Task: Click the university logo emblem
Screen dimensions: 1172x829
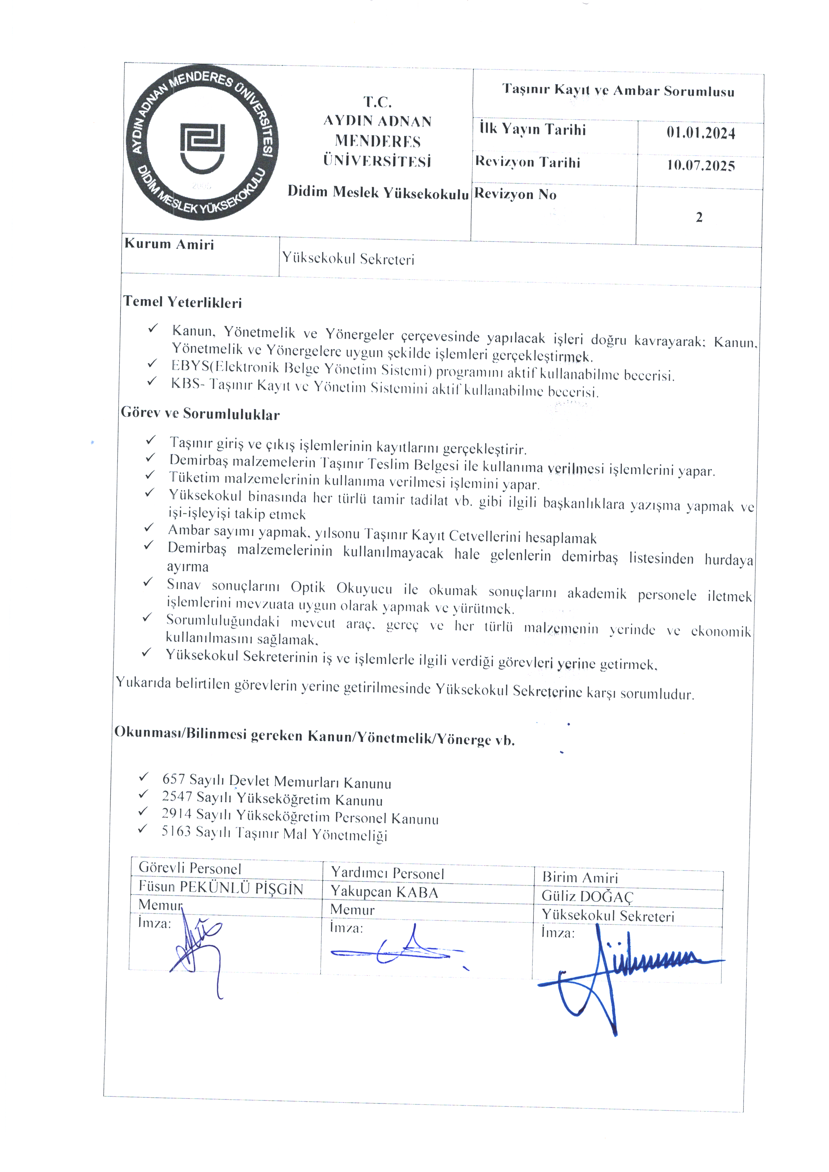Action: point(202,143)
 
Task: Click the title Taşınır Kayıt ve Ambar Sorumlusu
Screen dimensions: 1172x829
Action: point(618,90)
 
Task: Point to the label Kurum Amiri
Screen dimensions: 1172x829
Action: point(169,244)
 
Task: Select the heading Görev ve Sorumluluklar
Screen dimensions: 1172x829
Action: point(200,413)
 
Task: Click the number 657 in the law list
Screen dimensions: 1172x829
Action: point(173,779)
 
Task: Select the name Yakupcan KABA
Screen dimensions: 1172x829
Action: point(384,892)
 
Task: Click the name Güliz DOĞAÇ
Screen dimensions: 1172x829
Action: point(587,896)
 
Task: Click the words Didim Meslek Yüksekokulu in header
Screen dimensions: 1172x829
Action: point(378,192)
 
